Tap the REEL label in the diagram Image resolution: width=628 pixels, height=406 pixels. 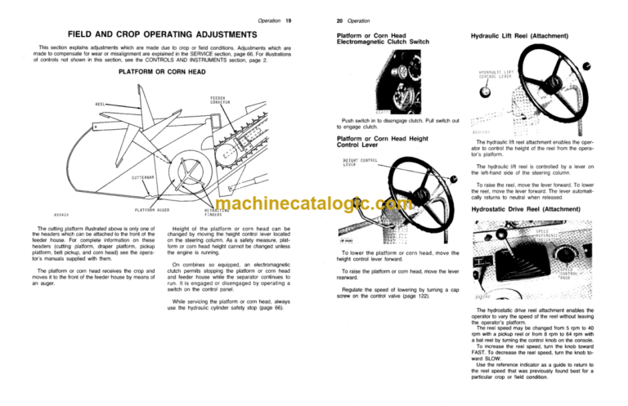click(100, 105)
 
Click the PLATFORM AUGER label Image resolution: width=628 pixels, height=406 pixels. click(152, 209)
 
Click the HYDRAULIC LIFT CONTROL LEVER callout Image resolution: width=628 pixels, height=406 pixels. click(501, 77)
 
